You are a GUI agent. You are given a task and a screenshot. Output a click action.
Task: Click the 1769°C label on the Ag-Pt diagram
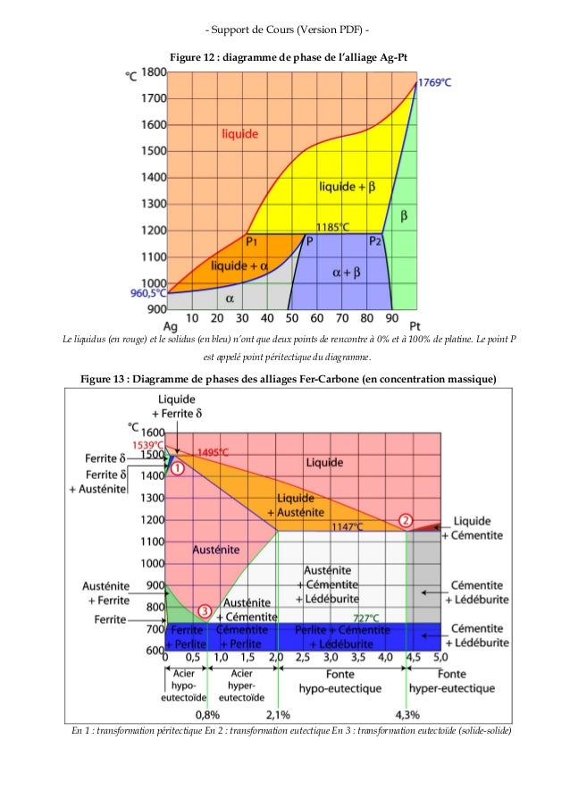pyautogui.click(x=435, y=82)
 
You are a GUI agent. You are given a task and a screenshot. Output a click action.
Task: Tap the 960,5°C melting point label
pyautogui.click(x=147, y=292)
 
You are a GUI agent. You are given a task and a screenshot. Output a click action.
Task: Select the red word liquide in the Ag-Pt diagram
pyautogui.click(x=240, y=134)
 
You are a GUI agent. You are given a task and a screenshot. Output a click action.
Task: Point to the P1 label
pyautogui.click(x=253, y=241)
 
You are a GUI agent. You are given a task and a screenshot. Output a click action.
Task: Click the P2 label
pyautogui.click(x=376, y=241)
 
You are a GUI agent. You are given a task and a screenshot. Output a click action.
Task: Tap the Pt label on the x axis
pyautogui.click(x=415, y=327)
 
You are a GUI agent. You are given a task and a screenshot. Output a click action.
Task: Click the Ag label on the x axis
pyautogui.click(x=169, y=327)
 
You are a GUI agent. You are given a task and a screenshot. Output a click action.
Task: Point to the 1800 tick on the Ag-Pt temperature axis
pyautogui.click(x=155, y=71)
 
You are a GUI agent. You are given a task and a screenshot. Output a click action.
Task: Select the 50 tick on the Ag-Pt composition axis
pyautogui.click(x=291, y=318)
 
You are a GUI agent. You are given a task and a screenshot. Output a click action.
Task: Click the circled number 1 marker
pyautogui.click(x=176, y=467)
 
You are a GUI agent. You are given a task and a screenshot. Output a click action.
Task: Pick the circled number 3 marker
pyautogui.click(x=205, y=611)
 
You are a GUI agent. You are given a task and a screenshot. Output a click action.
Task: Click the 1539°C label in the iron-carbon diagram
pyautogui.click(x=147, y=444)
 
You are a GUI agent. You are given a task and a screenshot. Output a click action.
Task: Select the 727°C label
pyautogui.click(x=366, y=617)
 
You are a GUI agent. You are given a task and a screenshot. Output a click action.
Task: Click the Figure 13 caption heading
pyautogui.click(x=284, y=380)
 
